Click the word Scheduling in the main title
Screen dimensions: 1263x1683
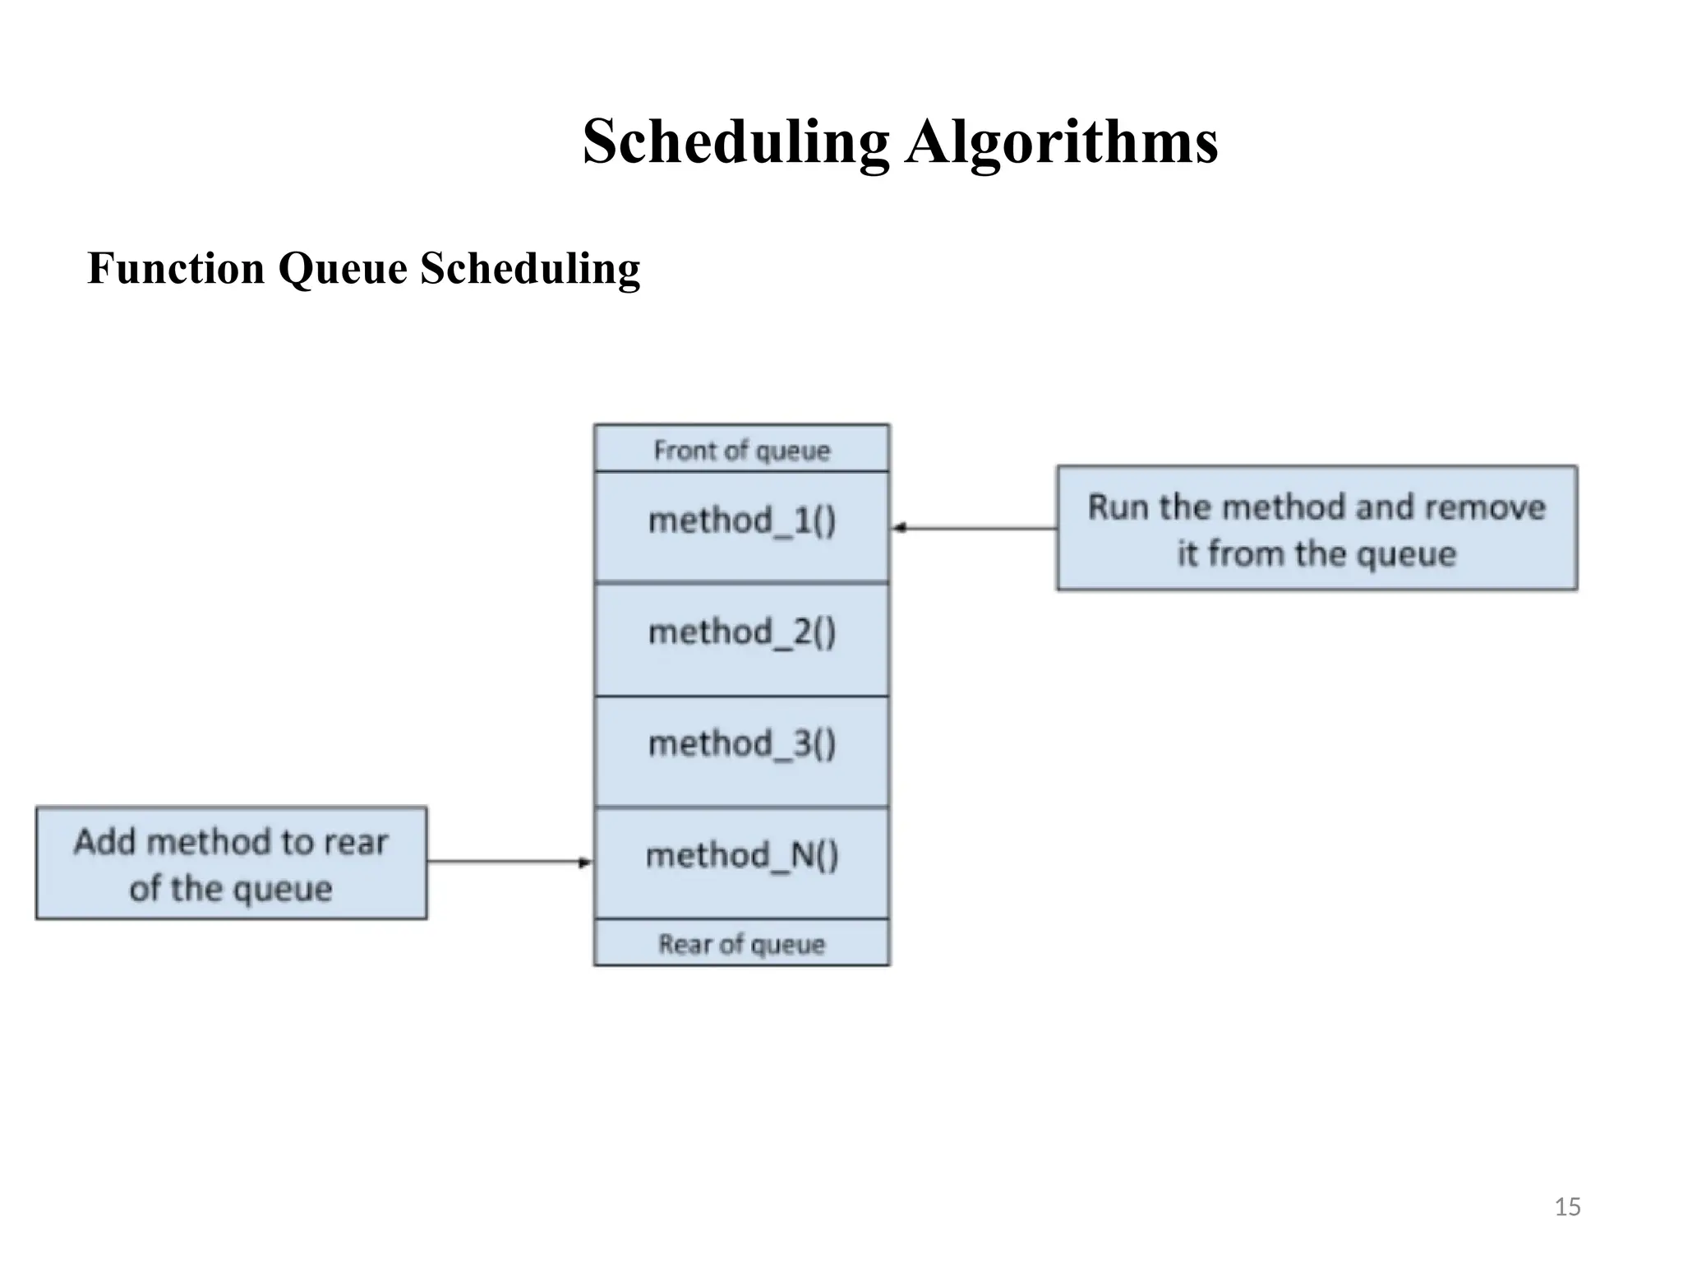(735, 142)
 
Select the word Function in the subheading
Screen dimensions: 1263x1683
(176, 269)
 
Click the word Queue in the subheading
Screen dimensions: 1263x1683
(343, 269)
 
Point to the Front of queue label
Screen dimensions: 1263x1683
(741, 450)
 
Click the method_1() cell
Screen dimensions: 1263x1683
(741, 526)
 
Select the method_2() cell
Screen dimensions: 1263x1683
(741, 638)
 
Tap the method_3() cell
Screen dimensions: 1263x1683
(741, 750)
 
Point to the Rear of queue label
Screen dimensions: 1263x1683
(741, 943)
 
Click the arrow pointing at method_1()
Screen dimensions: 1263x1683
(973, 528)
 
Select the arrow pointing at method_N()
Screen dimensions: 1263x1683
(510, 862)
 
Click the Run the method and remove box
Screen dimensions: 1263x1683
(1316, 529)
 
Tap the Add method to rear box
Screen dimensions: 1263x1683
(231, 863)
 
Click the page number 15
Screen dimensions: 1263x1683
(1567, 1207)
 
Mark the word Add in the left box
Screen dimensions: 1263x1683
(105, 842)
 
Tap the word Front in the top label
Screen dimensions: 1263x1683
(684, 450)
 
